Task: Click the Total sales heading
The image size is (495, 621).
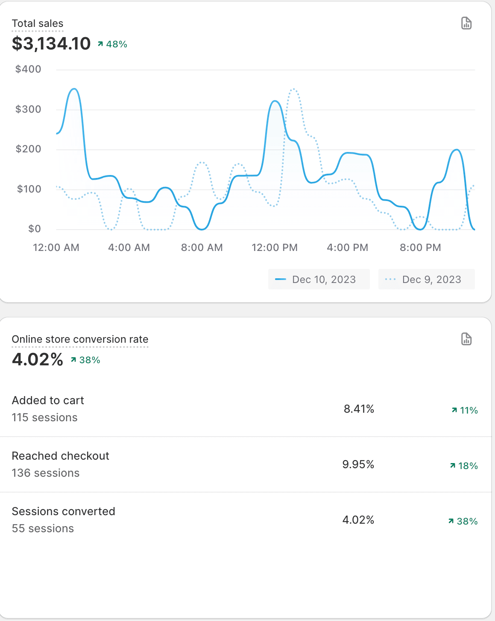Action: pos(38,23)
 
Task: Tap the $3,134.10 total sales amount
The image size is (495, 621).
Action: pos(51,44)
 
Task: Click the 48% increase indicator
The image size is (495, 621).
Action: pos(113,44)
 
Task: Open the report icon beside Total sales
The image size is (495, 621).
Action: pos(466,23)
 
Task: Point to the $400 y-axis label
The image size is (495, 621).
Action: pos(28,69)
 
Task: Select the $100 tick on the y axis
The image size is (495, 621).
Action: pos(29,189)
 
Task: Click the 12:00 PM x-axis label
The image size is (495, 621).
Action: pos(275,248)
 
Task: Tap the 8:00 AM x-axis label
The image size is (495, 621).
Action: pos(202,248)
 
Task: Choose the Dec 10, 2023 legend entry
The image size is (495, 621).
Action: pos(319,280)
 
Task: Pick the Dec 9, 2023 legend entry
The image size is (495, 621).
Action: pos(426,280)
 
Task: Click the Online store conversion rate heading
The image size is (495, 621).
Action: pos(80,339)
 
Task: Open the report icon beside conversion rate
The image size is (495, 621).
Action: pos(466,339)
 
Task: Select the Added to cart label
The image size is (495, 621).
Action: pos(48,400)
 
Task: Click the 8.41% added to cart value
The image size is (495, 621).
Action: pos(359,409)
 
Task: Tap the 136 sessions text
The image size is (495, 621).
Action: pos(46,473)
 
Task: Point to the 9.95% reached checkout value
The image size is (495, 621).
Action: pos(358,464)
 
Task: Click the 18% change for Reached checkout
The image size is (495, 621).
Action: pos(464,466)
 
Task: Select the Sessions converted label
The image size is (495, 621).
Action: pos(63,511)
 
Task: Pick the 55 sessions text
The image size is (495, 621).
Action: pos(43,528)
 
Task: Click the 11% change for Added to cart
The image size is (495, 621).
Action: pos(465,410)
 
